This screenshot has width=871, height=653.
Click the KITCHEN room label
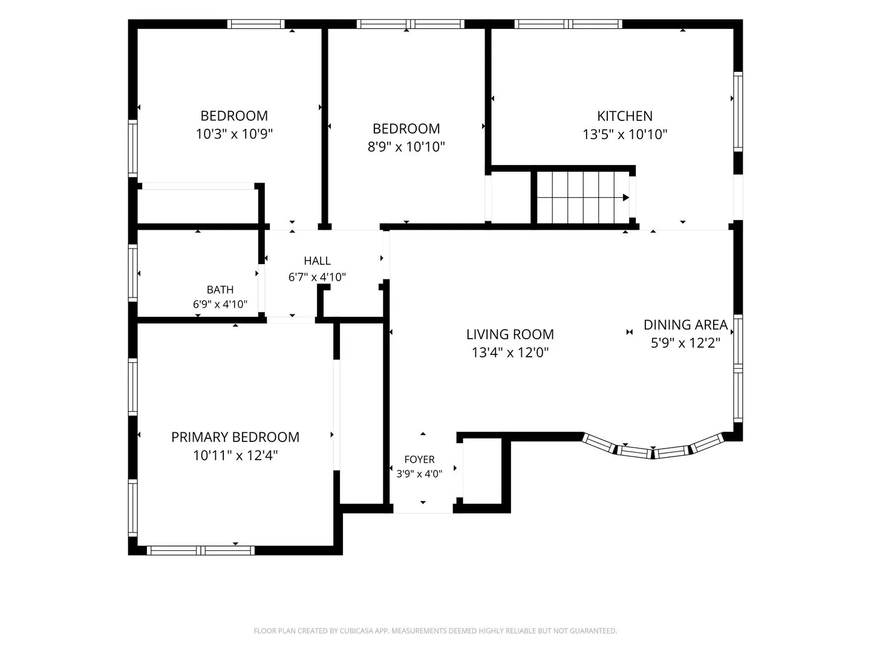625,116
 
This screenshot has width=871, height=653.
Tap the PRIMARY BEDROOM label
235,437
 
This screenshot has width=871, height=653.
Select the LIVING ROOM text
510,334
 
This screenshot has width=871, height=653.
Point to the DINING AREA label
685,325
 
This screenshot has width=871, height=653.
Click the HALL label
317,261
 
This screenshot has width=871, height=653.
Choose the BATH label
220,290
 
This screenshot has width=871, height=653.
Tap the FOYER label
419,460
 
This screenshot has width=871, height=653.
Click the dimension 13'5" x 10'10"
625,134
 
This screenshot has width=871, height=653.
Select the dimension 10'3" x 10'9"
234,134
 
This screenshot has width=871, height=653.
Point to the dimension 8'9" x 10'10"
406,147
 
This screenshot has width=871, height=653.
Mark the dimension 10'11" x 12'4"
235,455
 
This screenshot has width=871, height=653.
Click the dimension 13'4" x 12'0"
510,352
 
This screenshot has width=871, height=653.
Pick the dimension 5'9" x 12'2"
685,343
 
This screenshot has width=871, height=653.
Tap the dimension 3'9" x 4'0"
419,474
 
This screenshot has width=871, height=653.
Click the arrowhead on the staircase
626,198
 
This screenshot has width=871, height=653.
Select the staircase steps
582,198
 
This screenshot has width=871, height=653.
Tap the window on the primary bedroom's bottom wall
200,550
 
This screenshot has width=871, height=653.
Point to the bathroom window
132,273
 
